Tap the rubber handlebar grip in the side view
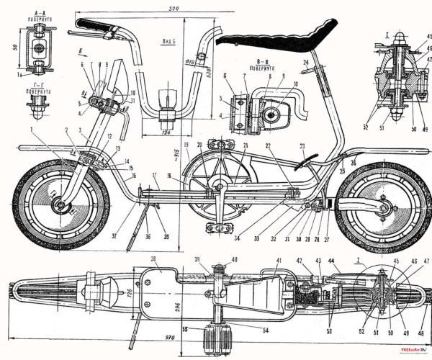point(93,28)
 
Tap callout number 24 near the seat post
point(305,63)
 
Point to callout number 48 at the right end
point(423,315)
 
